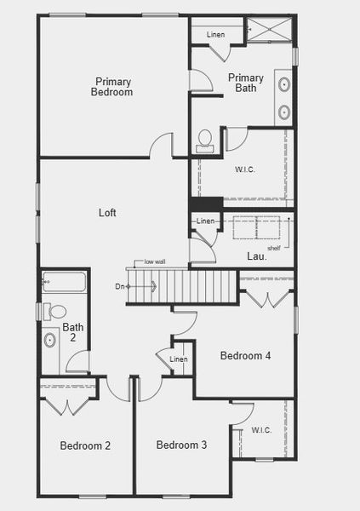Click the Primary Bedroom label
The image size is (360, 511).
(113, 86)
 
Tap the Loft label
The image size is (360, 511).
(107, 213)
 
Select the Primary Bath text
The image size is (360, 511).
(246, 83)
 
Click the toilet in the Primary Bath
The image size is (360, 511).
(205, 140)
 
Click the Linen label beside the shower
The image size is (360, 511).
(215, 35)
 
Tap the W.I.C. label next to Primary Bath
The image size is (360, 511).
(245, 169)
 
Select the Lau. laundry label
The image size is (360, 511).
(257, 255)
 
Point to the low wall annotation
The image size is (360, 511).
(155, 261)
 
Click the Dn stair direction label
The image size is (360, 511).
(120, 287)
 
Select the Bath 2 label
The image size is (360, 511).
(73, 332)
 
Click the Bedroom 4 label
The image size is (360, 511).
(245, 356)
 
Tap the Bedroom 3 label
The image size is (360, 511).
(181, 445)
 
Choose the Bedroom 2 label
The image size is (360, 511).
(85, 445)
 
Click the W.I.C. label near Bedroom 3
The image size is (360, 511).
(261, 430)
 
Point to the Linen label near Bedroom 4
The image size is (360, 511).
(179, 359)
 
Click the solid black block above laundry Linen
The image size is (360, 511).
(206, 204)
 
